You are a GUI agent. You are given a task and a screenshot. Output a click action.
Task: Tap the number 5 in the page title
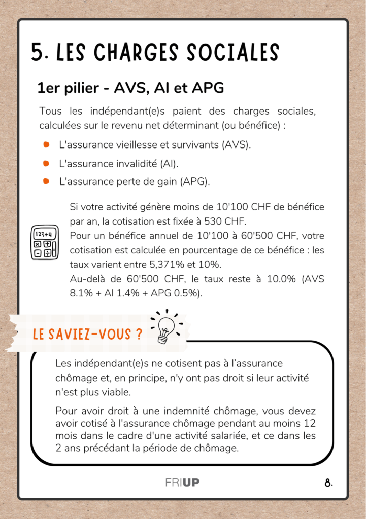[x=37, y=53]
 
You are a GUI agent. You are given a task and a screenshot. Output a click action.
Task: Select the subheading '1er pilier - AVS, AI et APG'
[x=130, y=88]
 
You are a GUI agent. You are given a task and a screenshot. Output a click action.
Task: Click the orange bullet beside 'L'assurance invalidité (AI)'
[x=46, y=163]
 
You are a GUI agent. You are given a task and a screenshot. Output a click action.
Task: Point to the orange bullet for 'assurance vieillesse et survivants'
[x=46, y=145]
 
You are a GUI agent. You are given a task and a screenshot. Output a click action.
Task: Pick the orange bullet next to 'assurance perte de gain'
[x=46, y=181]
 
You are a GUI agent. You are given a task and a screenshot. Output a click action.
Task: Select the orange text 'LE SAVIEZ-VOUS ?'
[x=87, y=335]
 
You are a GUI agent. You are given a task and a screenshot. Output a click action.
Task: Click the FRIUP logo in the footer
[x=182, y=483]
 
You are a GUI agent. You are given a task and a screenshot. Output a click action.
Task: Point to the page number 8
[x=328, y=483]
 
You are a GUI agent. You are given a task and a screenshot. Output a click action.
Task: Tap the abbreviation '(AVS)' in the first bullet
[x=236, y=145]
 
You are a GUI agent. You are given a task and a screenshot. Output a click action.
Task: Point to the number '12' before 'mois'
[x=311, y=423]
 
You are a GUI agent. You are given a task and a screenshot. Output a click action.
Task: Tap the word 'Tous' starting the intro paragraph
[x=50, y=111]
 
